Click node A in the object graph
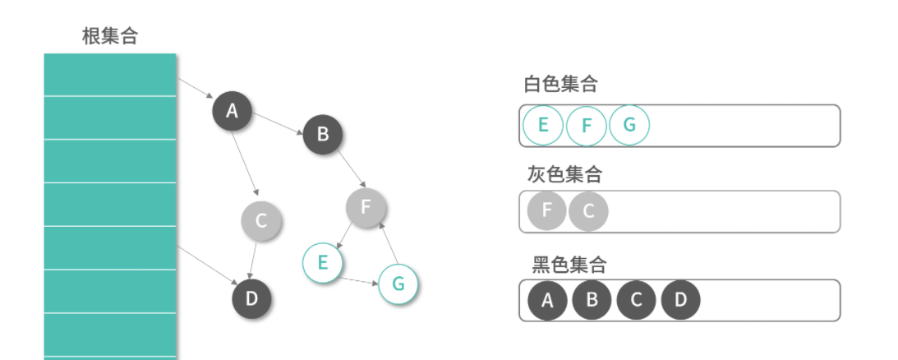pos(232,111)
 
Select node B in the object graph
pos(322,134)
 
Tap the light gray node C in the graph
pos(261,220)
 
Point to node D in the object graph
pos(251,298)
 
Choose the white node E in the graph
pos(322,263)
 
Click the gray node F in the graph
pos(366,207)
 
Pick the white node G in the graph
pos(398,284)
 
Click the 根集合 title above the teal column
pos(110,36)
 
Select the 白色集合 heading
pos(560,84)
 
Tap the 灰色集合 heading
pos(564,174)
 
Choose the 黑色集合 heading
pos(569,265)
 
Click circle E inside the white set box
pos(542,126)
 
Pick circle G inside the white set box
pos(629,126)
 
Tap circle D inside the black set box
pos(680,301)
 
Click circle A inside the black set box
pos(547,301)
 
